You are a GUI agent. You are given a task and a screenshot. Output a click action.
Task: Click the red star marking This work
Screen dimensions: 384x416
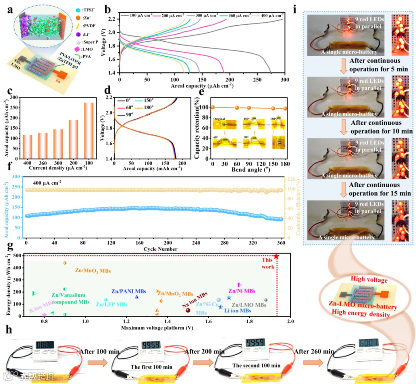coord(276,256)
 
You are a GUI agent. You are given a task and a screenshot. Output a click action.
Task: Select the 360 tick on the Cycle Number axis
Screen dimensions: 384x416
coord(281,243)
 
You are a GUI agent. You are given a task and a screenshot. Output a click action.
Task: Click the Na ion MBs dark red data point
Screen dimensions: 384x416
coord(188,310)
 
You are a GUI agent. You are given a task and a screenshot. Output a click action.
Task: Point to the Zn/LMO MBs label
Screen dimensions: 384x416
coord(248,305)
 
